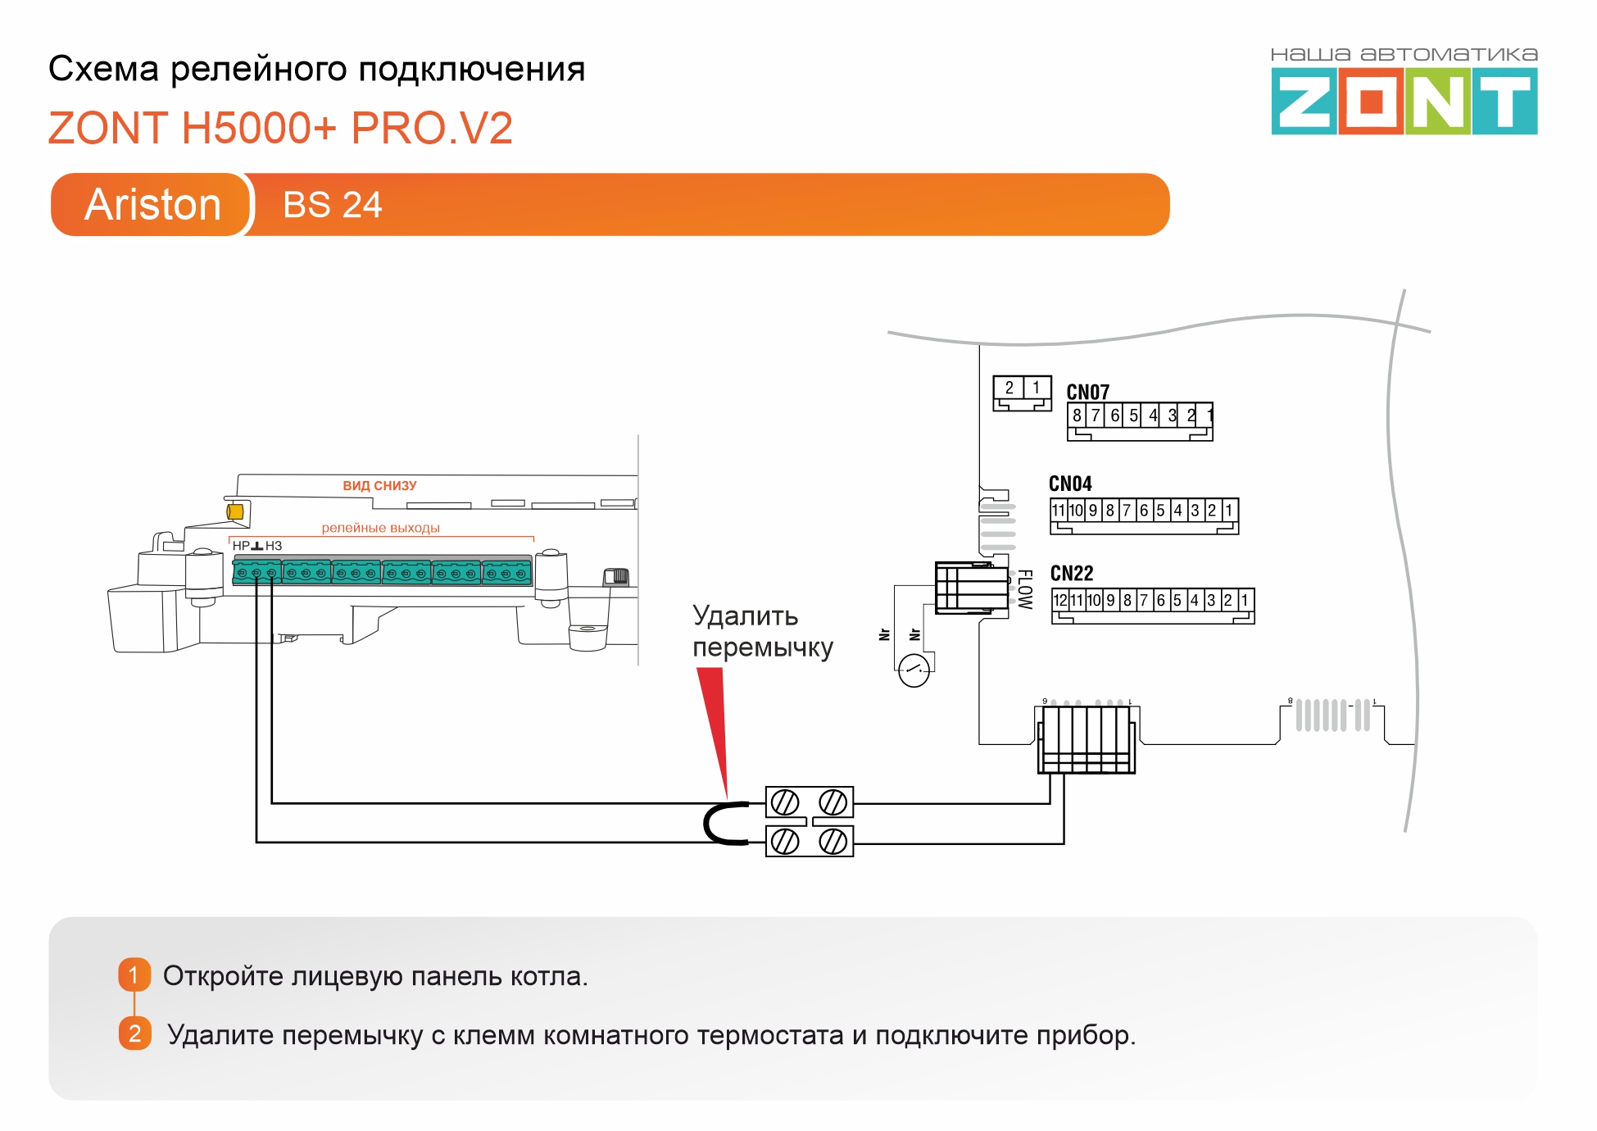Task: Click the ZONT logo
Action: click(x=1404, y=101)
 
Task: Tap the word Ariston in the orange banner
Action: click(x=152, y=204)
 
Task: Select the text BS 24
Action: click(x=332, y=205)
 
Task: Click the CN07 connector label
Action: click(x=1087, y=393)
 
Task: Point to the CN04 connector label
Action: click(x=1070, y=484)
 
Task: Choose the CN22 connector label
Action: click(x=1072, y=573)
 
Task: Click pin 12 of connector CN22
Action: click(x=1060, y=600)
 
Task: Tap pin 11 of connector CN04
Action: click(x=1058, y=511)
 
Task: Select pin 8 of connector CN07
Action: click(x=1077, y=416)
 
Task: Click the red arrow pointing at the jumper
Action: click(x=715, y=721)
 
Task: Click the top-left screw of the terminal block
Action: click(x=785, y=802)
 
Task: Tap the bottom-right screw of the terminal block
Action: click(x=833, y=841)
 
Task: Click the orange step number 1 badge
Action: click(x=134, y=975)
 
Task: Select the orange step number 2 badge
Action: click(x=134, y=1033)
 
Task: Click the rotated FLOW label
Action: click(x=1024, y=589)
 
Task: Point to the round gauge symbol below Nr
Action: click(x=914, y=670)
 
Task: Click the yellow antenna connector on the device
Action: click(x=235, y=511)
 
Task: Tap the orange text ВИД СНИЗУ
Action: click(x=379, y=486)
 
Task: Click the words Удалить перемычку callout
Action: click(x=761, y=631)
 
